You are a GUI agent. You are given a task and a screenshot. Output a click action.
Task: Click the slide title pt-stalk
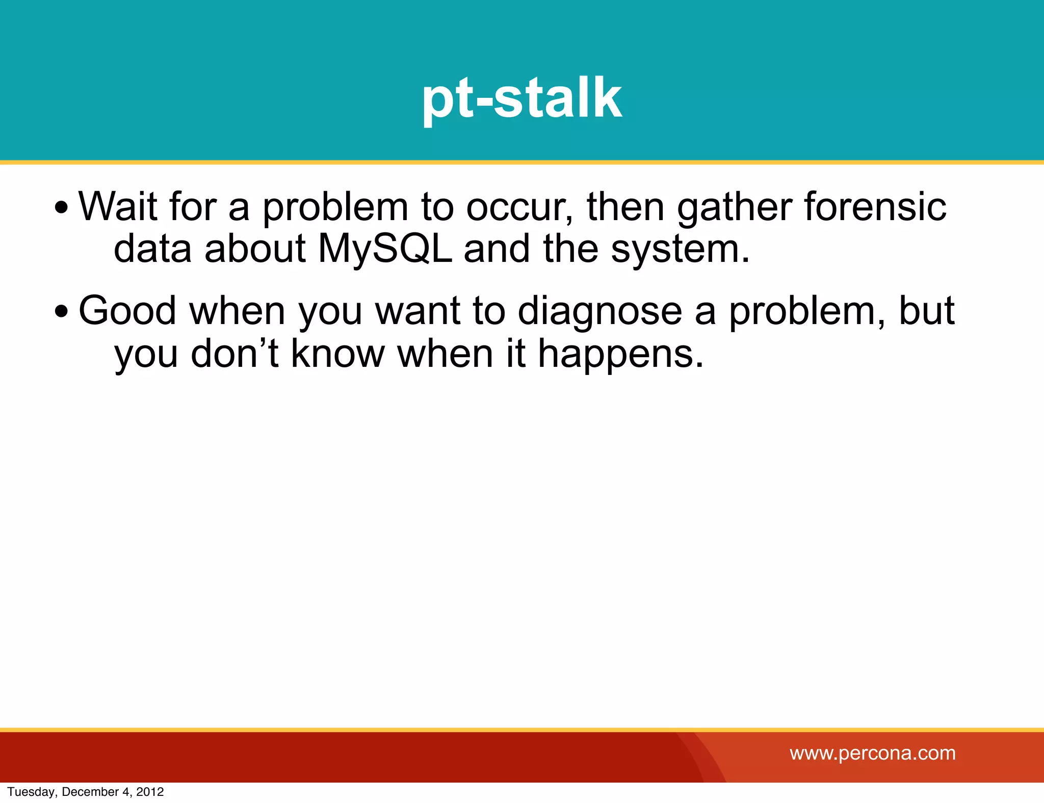point(521,98)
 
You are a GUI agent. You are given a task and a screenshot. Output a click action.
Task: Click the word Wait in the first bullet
point(117,206)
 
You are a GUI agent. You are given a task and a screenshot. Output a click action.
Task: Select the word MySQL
point(385,249)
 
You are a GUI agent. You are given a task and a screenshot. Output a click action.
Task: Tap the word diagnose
point(599,311)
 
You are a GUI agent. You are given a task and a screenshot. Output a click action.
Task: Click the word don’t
point(234,353)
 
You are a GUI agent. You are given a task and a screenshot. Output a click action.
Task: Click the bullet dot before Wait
point(61,208)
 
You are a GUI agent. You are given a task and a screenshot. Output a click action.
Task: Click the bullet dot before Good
point(61,311)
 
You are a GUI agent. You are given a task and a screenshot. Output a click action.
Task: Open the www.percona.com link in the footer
point(872,753)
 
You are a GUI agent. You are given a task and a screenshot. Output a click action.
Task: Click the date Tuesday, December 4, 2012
point(86,792)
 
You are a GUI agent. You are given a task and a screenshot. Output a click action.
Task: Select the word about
point(255,249)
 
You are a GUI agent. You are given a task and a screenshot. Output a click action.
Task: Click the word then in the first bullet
point(625,206)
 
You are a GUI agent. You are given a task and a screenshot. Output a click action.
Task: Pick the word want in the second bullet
point(417,310)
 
